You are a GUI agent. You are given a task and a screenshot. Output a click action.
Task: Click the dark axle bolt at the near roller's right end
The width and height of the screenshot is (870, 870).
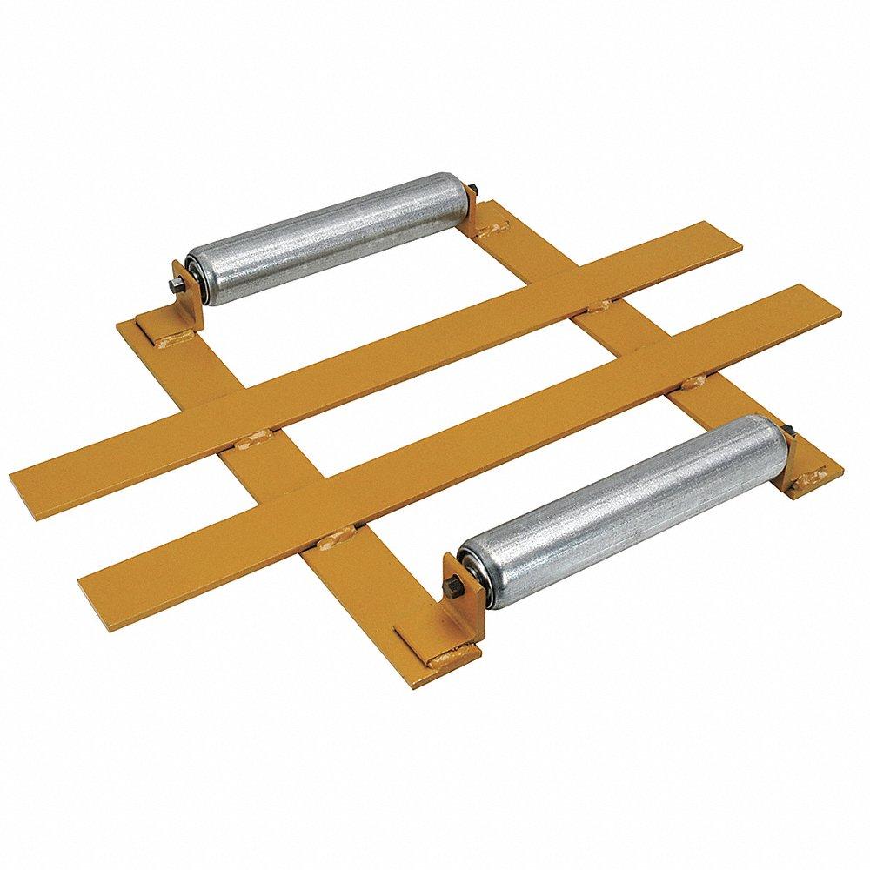[789, 430]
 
